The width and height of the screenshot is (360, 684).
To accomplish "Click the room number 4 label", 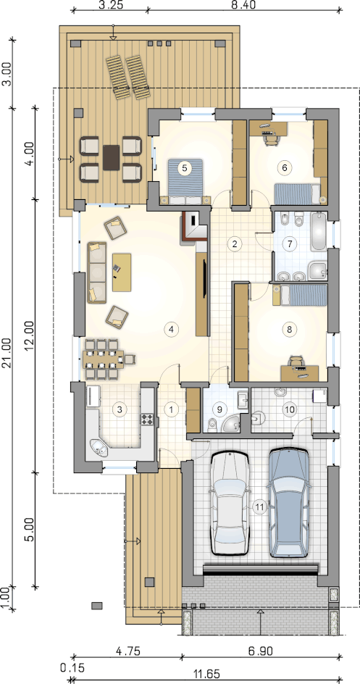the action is click(x=171, y=330).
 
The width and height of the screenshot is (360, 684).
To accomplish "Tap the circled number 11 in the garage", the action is click(x=260, y=507).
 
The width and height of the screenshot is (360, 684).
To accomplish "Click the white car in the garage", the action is click(x=230, y=503).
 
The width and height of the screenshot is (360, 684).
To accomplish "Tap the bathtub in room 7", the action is click(x=319, y=231).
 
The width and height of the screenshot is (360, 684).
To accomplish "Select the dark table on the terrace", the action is click(x=111, y=159).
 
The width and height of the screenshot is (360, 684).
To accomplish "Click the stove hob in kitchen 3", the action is click(x=146, y=420).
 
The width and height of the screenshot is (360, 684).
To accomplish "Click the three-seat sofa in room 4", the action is click(x=97, y=272).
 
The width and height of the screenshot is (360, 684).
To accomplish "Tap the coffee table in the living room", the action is click(x=122, y=272).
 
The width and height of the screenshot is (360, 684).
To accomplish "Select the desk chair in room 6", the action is click(x=271, y=138).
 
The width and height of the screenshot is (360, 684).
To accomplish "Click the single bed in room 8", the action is click(x=300, y=295).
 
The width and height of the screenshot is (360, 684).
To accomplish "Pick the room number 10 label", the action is click(x=289, y=409).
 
